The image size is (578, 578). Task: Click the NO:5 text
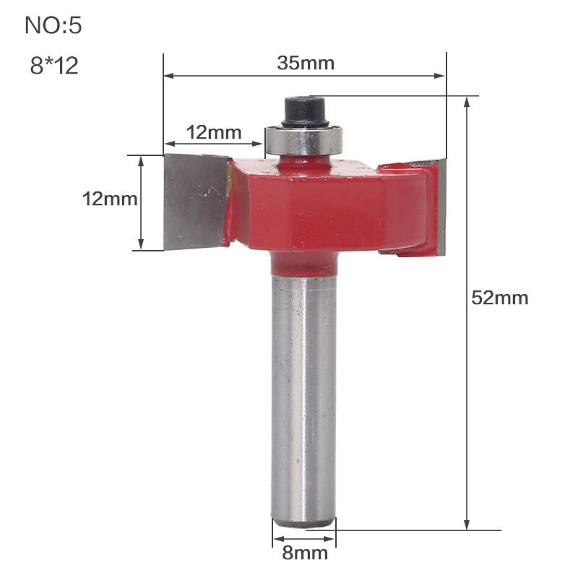pos(53,26)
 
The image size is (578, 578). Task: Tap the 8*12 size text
pos(53,66)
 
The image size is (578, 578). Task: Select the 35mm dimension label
pos(306,63)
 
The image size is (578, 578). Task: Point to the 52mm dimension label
pos(499,297)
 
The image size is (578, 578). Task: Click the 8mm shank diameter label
pos(304,553)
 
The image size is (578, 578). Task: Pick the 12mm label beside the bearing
pos(213,132)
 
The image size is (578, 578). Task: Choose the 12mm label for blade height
pos(109,199)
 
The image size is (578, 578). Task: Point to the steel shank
pos(303,397)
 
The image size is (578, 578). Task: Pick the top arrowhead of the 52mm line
pos(467,102)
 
